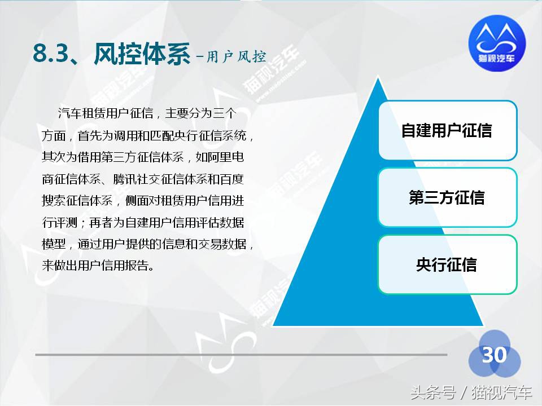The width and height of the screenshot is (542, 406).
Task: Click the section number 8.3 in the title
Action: click(51, 55)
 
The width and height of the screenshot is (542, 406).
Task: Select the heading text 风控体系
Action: click(141, 55)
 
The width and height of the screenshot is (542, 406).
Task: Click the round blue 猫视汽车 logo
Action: click(497, 45)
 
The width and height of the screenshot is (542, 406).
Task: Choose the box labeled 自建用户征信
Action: click(447, 131)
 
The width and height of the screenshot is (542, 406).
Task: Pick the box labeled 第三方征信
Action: click(447, 197)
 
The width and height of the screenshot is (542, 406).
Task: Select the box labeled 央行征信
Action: click(447, 264)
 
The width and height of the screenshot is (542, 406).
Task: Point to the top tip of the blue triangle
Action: click(378, 79)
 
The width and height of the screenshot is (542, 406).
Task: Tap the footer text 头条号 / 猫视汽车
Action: click(471, 392)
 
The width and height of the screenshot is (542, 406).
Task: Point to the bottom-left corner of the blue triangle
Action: click(274, 325)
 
